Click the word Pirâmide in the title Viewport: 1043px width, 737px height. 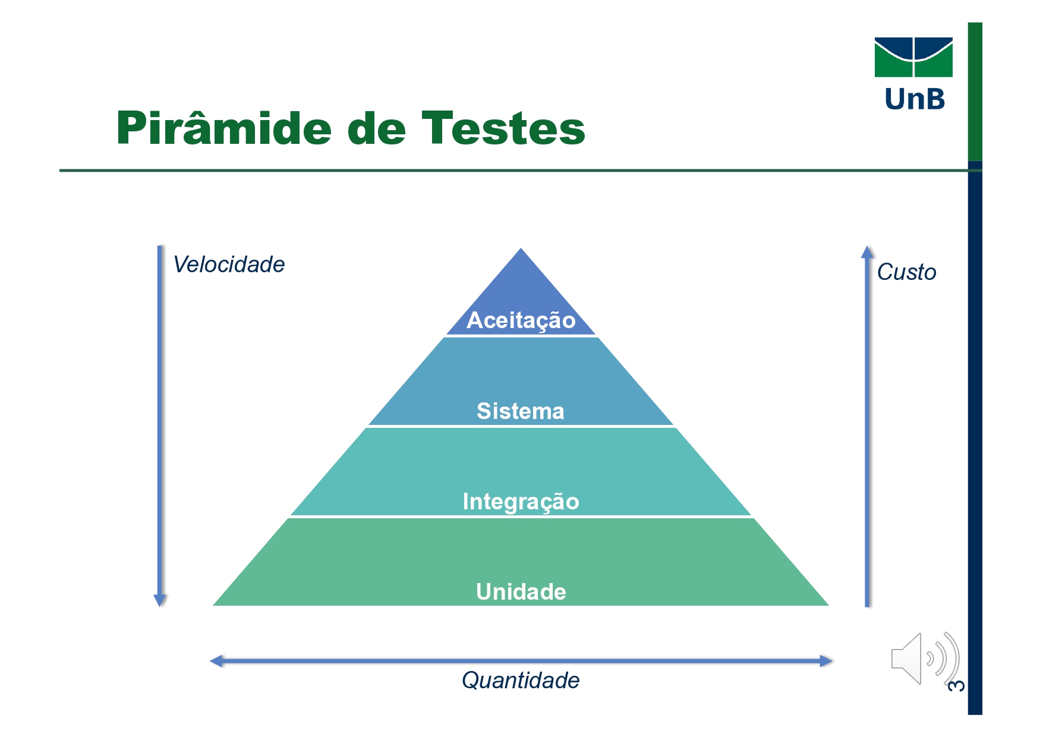coord(223,128)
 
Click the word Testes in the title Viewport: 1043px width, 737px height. coord(503,128)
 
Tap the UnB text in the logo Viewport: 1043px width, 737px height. coord(914,99)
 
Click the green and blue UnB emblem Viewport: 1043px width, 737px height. coord(913,58)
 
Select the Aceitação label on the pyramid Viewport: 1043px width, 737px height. coord(521,320)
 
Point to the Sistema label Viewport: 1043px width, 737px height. coord(521,411)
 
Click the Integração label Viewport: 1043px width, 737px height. coord(521,502)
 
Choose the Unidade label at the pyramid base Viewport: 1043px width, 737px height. coord(521,592)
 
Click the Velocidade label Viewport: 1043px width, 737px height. coord(229,264)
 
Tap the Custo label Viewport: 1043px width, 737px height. coord(906,272)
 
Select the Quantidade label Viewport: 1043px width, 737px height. coord(521,681)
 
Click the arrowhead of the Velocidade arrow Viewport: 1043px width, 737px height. coord(159,600)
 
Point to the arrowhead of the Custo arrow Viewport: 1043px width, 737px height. coord(867,252)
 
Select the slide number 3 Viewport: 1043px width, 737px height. coord(956,685)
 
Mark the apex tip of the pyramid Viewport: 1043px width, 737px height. coord(521,250)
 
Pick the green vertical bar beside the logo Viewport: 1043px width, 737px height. coord(975,92)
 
